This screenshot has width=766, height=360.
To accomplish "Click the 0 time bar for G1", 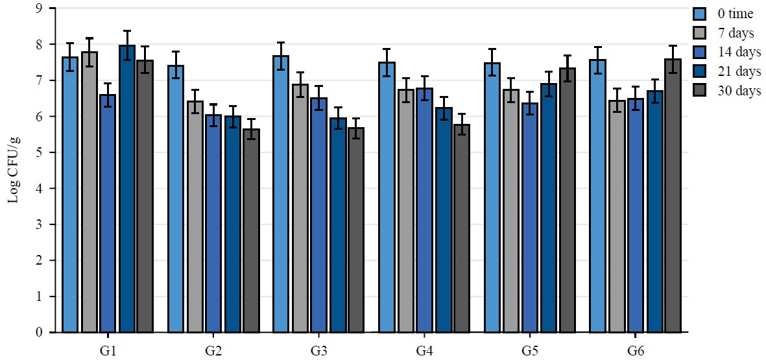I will [x=70, y=195].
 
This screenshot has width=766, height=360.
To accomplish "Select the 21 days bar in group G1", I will [x=126, y=189].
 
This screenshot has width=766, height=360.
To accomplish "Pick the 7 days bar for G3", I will [x=300, y=208].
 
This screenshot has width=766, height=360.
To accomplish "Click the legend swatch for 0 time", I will [x=700, y=14].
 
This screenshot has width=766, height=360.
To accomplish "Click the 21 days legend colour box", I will [x=700, y=72].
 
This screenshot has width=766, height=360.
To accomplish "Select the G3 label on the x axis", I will [x=318, y=350].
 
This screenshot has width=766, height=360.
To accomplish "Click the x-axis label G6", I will [x=636, y=350].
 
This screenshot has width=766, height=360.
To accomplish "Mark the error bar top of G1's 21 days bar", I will [x=126, y=31].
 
